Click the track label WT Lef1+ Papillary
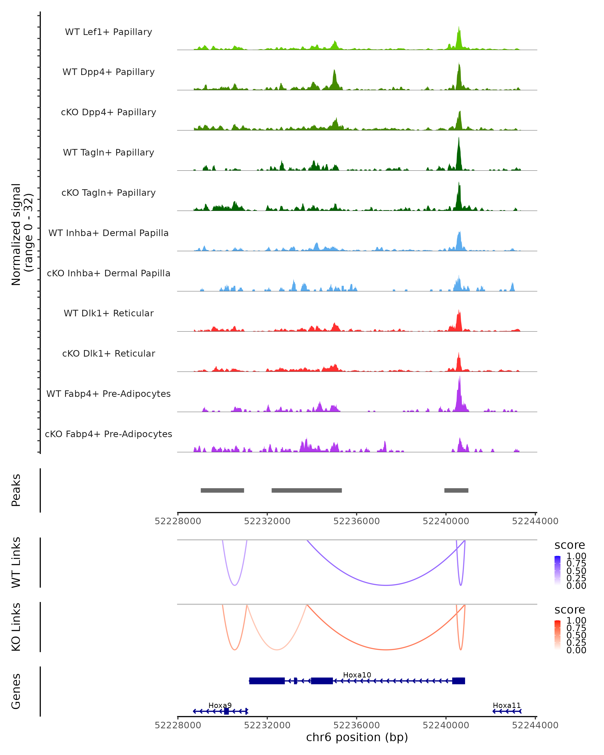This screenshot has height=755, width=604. tap(108, 32)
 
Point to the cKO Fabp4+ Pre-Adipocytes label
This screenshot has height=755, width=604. tap(108, 434)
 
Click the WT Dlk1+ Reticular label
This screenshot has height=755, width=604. tap(108, 313)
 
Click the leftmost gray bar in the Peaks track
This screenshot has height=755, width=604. tap(222, 490)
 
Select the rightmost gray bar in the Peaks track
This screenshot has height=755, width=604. tap(456, 490)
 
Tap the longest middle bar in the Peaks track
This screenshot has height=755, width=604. tap(307, 490)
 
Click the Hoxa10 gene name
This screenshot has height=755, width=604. tap(357, 675)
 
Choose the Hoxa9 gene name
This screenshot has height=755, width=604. tap(220, 705)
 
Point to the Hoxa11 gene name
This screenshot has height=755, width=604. tap(507, 705)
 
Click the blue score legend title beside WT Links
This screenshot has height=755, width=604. tap(570, 545)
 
